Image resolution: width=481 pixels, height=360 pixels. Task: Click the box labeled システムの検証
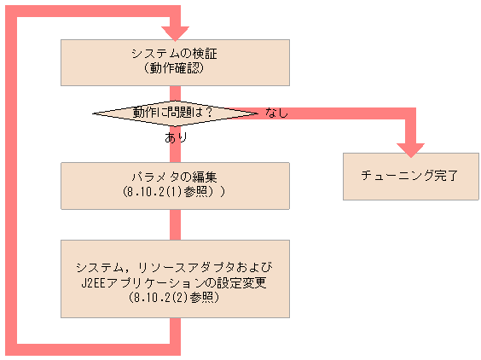[x=176, y=61]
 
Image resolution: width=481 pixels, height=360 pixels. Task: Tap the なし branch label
[x=276, y=113]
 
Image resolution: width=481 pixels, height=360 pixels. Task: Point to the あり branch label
[x=176, y=136]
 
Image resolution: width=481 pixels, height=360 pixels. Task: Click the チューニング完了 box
[x=410, y=177]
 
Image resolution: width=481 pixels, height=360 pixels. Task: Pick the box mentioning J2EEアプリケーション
[x=176, y=278]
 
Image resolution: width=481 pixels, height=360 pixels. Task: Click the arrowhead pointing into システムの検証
[x=176, y=32]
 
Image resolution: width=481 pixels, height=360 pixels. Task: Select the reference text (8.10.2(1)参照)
[x=174, y=193]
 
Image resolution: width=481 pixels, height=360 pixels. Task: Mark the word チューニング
[x=389, y=177]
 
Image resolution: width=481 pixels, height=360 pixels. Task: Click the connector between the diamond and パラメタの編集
[x=176, y=150]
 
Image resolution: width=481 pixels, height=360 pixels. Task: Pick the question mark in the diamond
[x=207, y=113]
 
